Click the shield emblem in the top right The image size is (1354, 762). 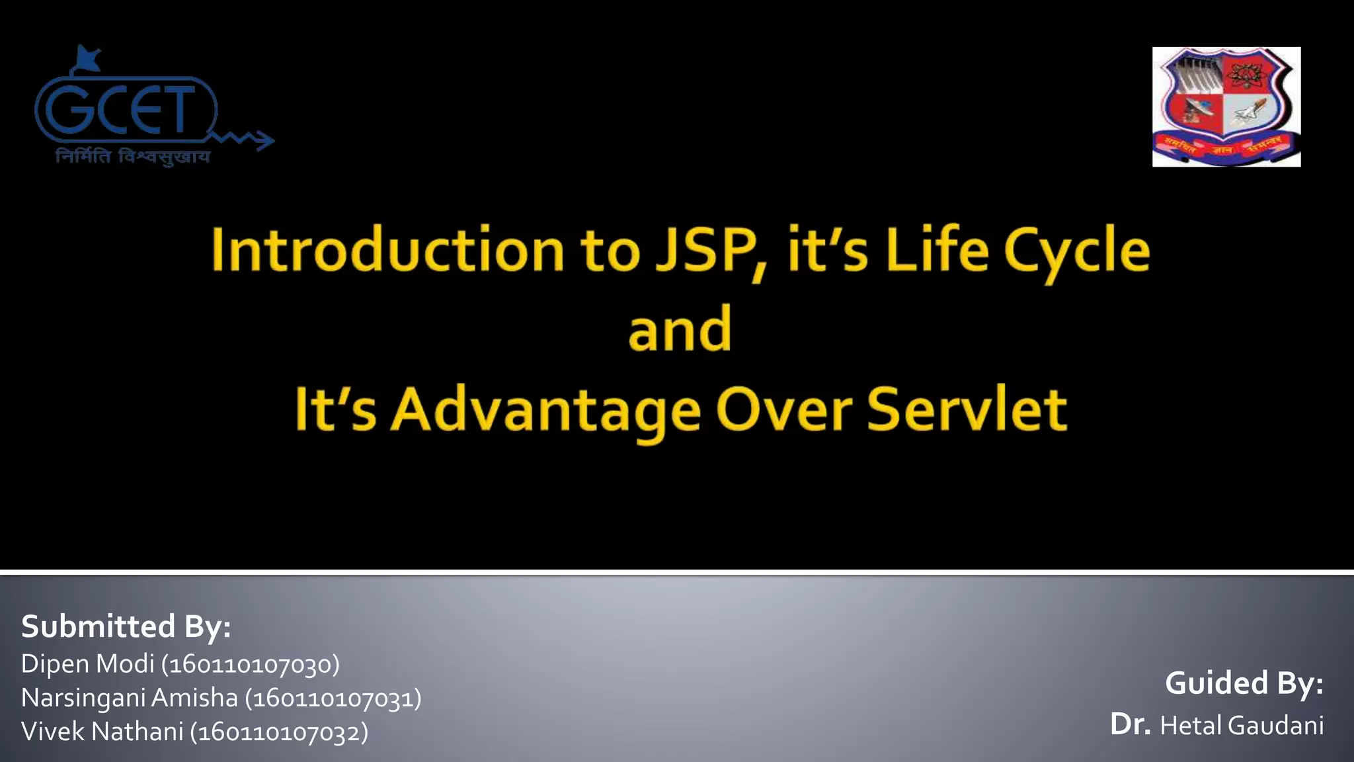1226,106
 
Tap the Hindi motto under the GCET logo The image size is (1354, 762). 133,157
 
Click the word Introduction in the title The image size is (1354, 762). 387,250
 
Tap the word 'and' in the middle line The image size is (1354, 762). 680,329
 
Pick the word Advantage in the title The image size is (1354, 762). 545,410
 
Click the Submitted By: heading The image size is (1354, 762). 126,626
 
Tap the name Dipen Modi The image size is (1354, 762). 88,663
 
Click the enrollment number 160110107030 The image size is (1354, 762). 251,664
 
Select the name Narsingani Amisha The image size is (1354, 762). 130,698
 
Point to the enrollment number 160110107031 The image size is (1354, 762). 333,698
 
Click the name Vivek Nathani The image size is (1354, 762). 102,732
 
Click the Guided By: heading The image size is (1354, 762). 1244,683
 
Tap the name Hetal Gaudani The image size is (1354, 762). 1242,726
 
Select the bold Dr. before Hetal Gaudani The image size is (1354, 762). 1131,724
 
